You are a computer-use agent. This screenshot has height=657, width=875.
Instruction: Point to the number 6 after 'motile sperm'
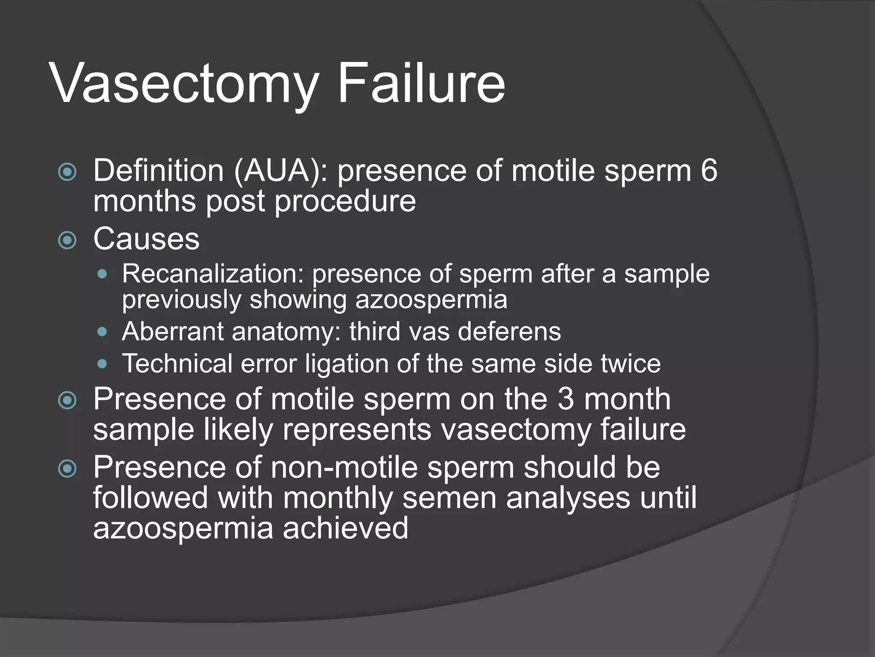pyautogui.click(x=709, y=171)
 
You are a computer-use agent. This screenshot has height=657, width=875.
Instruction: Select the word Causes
pyautogui.click(x=146, y=239)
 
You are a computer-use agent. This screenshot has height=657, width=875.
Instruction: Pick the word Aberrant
pyautogui.click(x=173, y=332)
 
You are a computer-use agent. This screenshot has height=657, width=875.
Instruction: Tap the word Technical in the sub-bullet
pyautogui.click(x=176, y=364)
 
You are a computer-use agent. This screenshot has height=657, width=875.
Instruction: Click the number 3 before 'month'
pyautogui.click(x=566, y=400)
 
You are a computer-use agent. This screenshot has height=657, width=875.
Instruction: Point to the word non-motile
pyautogui.click(x=344, y=468)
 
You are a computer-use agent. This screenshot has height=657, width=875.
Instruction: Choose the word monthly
pyautogui.click(x=338, y=498)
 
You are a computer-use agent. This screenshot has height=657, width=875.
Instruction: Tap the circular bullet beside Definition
pyautogui.click(x=68, y=172)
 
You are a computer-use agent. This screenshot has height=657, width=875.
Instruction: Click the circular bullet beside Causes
pyautogui.click(x=68, y=240)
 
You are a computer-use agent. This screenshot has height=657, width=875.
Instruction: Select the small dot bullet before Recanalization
pyautogui.click(x=102, y=274)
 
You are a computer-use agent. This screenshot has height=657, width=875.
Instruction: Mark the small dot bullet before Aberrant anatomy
pyautogui.click(x=102, y=332)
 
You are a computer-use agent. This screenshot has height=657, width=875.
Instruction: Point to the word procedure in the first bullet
pyautogui.click(x=345, y=201)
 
